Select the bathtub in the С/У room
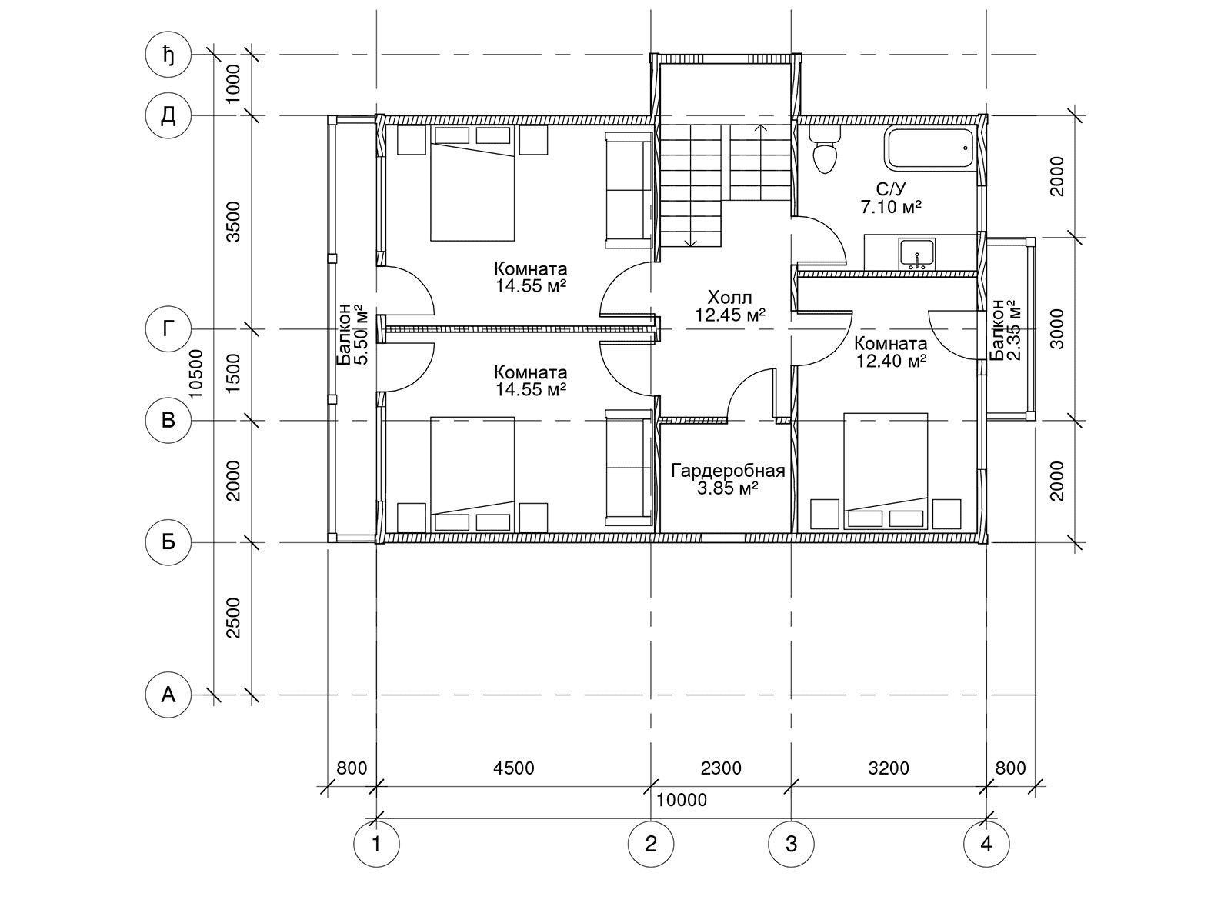(x=931, y=148)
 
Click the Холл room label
(x=729, y=297)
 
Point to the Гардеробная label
(x=728, y=471)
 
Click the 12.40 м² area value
(x=891, y=361)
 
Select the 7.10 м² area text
(x=892, y=207)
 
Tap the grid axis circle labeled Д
(x=168, y=116)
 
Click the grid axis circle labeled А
(x=168, y=695)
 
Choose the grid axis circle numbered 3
(x=791, y=844)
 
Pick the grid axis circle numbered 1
(x=376, y=844)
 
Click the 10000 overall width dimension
(x=682, y=800)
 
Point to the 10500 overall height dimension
(x=196, y=374)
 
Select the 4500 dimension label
(x=514, y=768)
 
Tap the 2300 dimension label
(x=721, y=768)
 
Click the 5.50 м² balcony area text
(x=362, y=335)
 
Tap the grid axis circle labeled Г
(x=168, y=329)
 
